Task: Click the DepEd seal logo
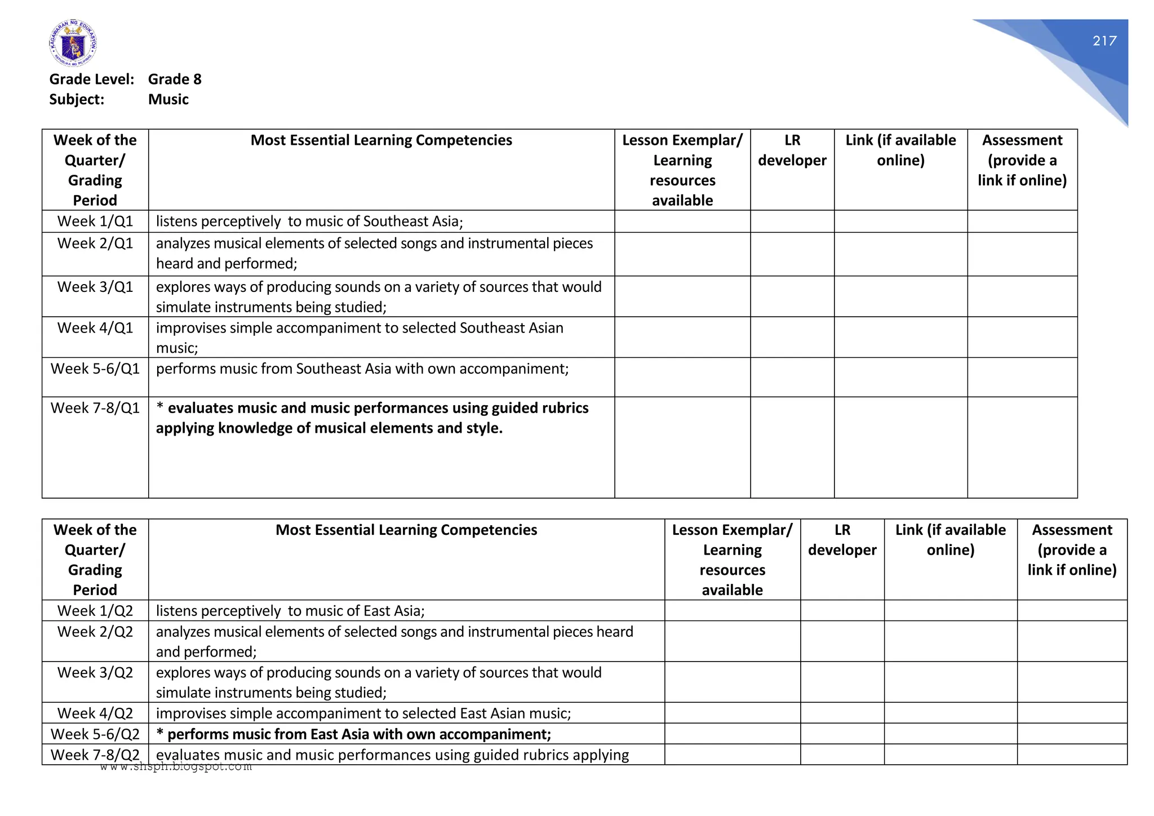pyautogui.click(x=73, y=43)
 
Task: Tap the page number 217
pyautogui.click(x=1104, y=41)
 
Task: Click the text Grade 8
pyautogui.click(x=175, y=79)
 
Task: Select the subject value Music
pyautogui.click(x=168, y=100)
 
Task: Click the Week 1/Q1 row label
pyautogui.click(x=95, y=221)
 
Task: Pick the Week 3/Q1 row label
pyautogui.click(x=95, y=287)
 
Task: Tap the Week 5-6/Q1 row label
pyautogui.click(x=95, y=369)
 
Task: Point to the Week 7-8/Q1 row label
pyautogui.click(x=95, y=409)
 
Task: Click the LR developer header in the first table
pyautogui.click(x=792, y=150)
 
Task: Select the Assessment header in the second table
pyautogui.click(x=1072, y=550)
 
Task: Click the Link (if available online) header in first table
pyautogui.click(x=900, y=150)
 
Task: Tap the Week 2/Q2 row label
pyautogui.click(x=95, y=632)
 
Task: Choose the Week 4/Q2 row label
pyautogui.click(x=95, y=714)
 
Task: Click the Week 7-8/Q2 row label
pyautogui.click(x=95, y=755)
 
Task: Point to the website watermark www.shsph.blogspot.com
pyautogui.click(x=176, y=767)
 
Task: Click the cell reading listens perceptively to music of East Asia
pyautogui.click(x=290, y=611)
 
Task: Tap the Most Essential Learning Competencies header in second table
pyautogui.click(x=406, y=530)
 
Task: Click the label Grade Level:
pyautogui.click(x=92, y=79)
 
